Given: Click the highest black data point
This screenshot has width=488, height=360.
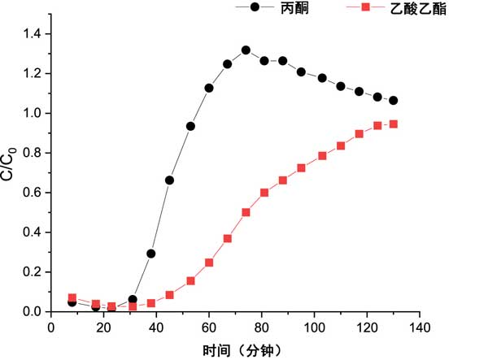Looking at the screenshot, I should click(x=246, y=50).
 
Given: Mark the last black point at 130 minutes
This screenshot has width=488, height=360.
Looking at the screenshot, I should click(x=394, y=101).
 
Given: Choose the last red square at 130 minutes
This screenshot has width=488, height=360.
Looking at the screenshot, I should click(x=394, y=124).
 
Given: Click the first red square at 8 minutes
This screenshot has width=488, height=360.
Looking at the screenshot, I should click(x=72, y=298).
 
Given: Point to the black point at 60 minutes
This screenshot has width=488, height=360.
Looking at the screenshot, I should click(x=209, y=88).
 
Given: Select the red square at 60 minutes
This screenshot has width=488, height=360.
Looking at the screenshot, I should click(x=209, y=262).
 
